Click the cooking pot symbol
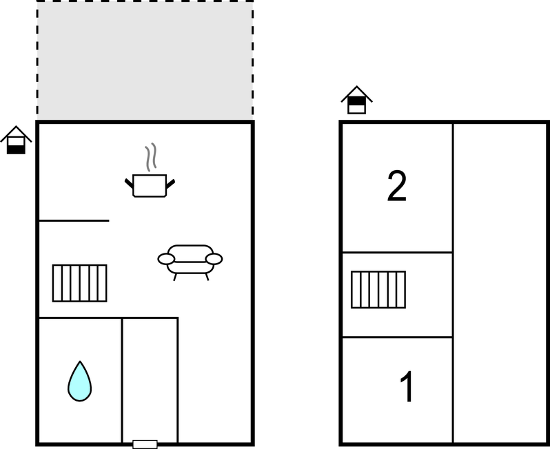150,185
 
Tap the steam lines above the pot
151,157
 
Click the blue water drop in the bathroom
80,382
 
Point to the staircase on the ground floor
80,283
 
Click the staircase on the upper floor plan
378,289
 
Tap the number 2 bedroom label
397,186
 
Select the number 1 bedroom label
407,386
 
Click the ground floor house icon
16,140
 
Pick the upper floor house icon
357,100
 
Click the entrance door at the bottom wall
145,444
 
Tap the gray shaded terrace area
145,60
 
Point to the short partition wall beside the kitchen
74,220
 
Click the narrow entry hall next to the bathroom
150,380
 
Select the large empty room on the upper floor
500,283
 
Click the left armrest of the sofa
166,259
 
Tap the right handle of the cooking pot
170,184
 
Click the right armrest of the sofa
214,259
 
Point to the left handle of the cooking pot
129,183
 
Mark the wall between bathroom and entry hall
122,380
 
